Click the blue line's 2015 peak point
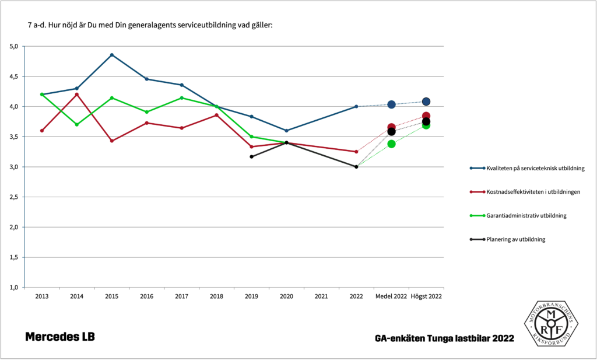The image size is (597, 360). [x=112, y=55]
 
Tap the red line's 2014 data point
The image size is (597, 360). [x=77, y=95]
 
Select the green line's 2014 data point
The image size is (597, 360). [x=77, y=124]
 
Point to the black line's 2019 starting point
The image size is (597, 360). [x=251, y=156]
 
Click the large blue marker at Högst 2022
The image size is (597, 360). [x=426, y=102]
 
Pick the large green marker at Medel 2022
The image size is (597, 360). [x=391, y=144]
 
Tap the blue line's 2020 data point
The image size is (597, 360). [x=286, y=131]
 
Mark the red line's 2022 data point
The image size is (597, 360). [x=356, y=152]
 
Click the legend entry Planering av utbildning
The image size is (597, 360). [x=516, y=239]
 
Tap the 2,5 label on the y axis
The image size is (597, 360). [x=15, y=197]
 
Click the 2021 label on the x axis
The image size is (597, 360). [x=321, y=296]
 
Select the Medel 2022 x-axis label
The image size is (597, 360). [x=391, y=296]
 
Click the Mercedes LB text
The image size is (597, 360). [x=59, y=337]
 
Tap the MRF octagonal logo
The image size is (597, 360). [x=550, y=324]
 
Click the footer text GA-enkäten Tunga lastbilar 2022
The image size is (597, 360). [x=444, y=338]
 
